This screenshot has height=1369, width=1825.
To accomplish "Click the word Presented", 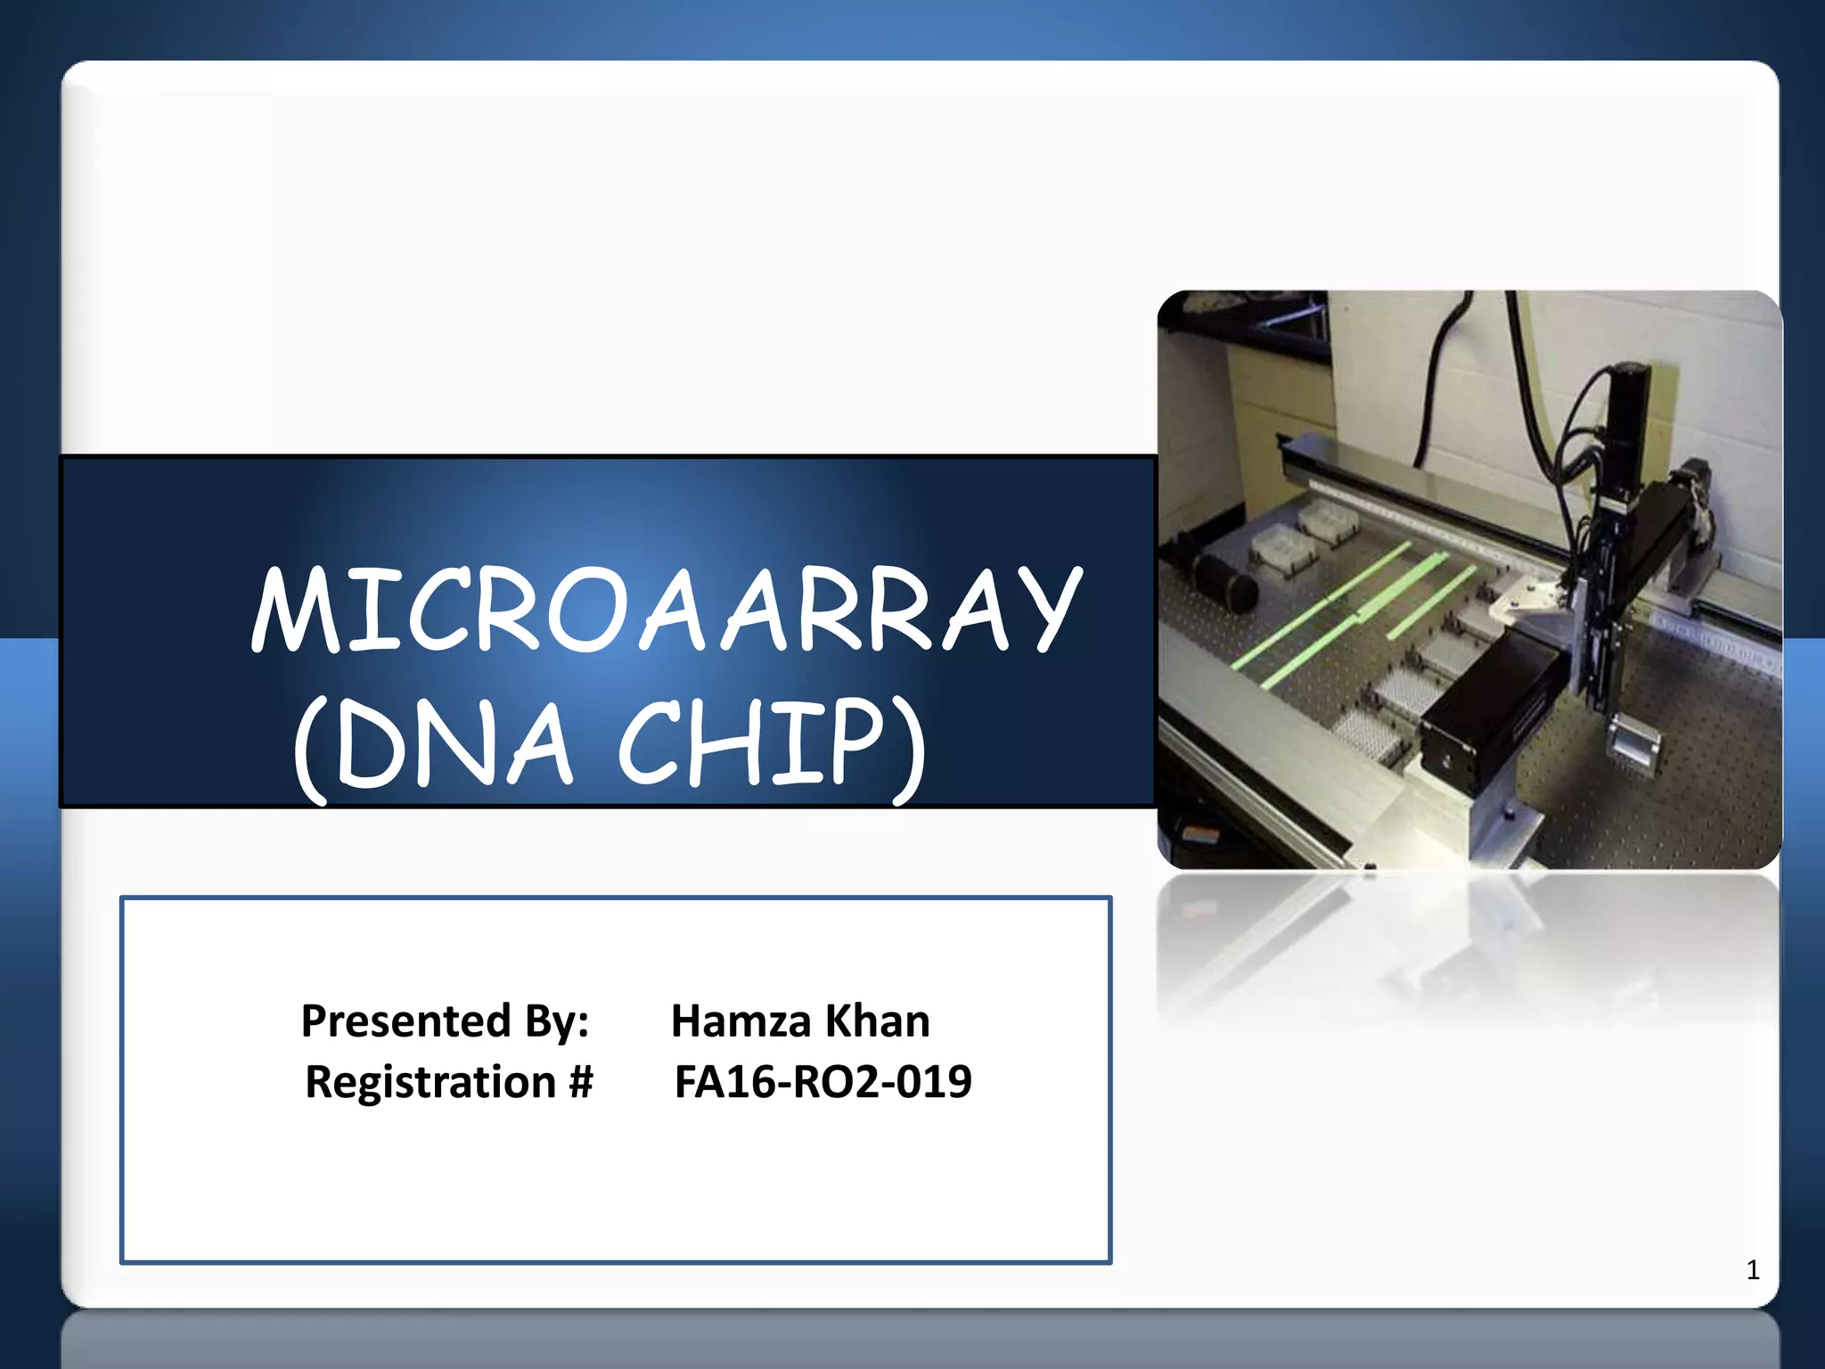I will (405, 1021).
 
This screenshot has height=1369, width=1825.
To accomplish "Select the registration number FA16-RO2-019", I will (822, 1082).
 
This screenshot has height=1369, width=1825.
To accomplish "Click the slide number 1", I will (1753, 1270).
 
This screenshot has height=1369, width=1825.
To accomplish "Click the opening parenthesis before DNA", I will (310, 749).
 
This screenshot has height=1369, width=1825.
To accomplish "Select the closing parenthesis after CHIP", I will (909, 749).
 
